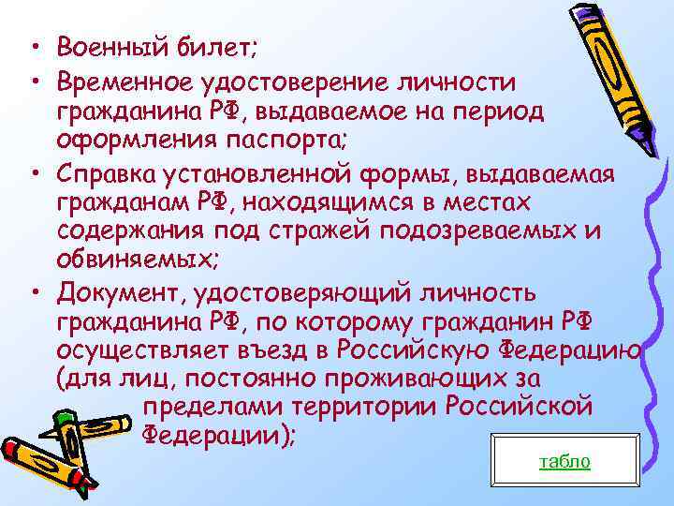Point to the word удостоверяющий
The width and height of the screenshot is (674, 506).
(299, 294)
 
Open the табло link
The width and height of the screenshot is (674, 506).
(565, 463)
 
